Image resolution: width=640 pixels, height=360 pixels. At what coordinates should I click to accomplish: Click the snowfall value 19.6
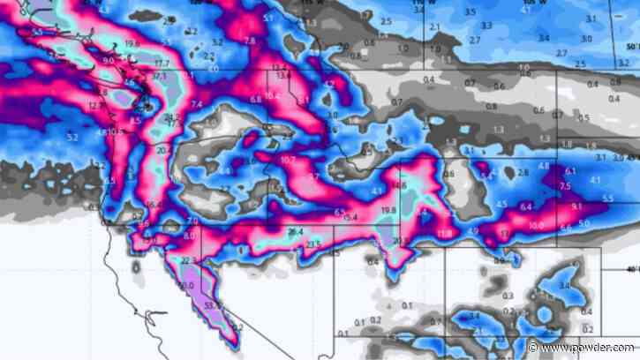132,42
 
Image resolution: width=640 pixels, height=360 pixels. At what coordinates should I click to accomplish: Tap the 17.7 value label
161,64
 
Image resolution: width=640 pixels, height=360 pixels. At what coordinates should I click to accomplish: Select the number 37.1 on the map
160,77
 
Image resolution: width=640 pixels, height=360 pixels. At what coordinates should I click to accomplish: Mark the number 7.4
196,105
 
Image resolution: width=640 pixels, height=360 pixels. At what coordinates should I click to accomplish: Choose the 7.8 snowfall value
250,41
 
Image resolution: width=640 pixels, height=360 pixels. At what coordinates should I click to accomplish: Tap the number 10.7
288,160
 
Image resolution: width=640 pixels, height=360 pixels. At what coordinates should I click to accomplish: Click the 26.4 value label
295,231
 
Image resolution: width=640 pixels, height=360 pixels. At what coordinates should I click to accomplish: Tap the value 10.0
536,226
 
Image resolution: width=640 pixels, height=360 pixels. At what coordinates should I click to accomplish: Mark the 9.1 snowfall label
577,206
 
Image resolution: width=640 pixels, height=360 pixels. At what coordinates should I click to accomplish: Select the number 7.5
566,186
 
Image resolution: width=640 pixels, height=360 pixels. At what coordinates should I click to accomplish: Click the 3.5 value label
471,12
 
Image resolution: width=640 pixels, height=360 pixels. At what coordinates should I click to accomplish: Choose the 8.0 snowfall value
188,236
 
